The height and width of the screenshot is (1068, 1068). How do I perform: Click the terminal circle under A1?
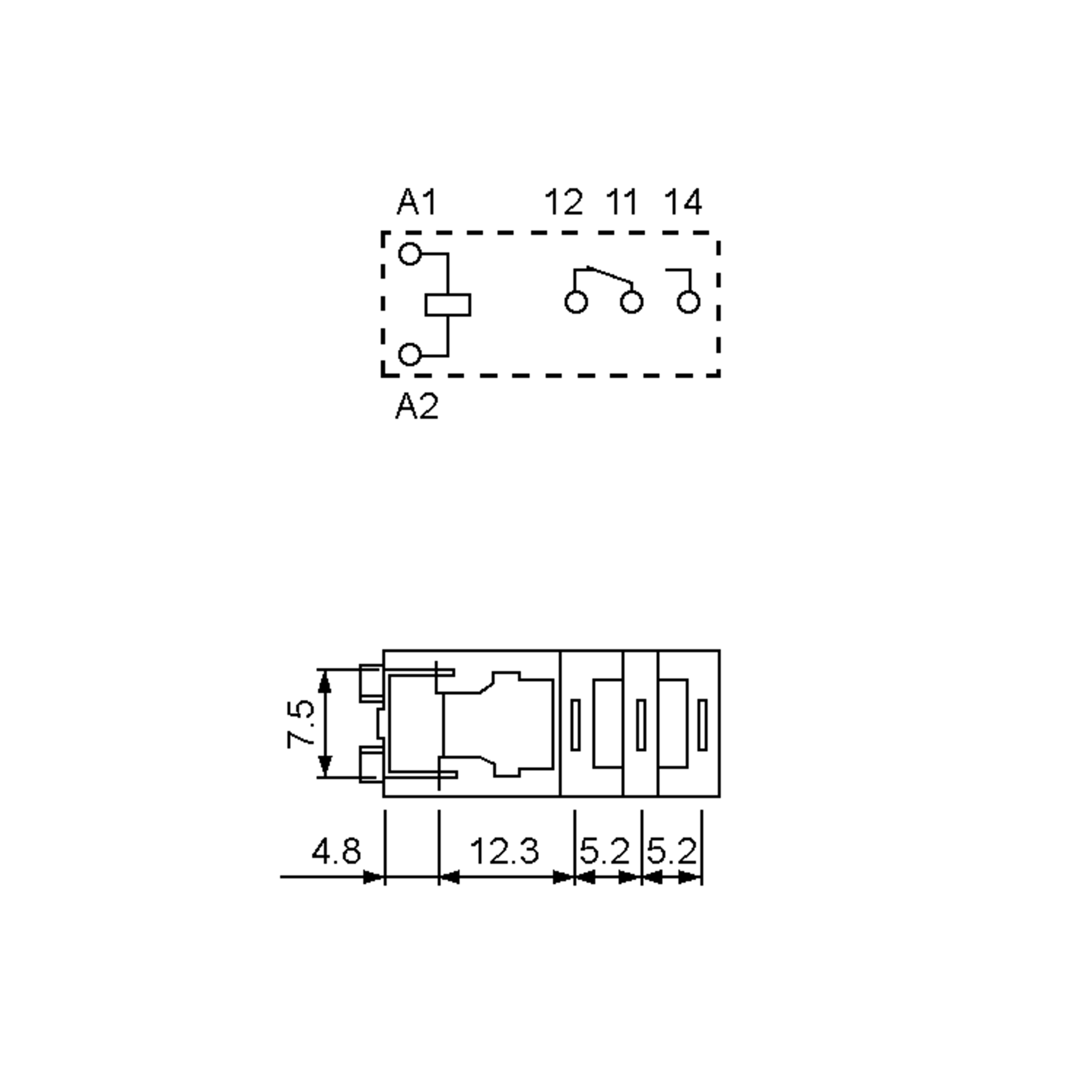(x=409, y=254)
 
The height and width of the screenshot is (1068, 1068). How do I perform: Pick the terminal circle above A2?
(x=409, y=355)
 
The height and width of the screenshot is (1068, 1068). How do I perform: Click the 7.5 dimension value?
(x=301, y=724)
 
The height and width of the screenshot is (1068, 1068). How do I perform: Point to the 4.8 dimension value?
(x=336, y=851)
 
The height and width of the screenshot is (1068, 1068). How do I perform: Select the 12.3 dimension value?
(x=504, y=851)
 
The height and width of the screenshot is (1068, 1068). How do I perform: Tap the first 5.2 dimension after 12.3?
(x=604, y=851)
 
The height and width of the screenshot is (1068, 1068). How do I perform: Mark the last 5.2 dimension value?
(x=672, y=851)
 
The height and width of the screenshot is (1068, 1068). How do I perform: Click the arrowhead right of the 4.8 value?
(x=374, y=877)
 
